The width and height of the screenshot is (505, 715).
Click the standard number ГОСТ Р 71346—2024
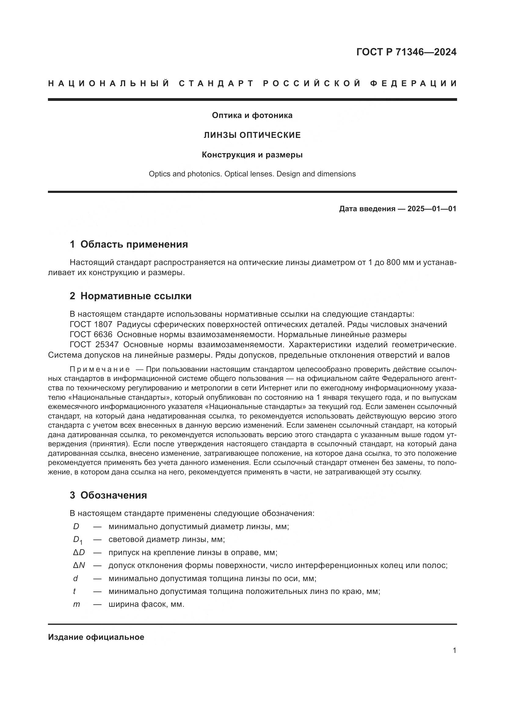[406, 52]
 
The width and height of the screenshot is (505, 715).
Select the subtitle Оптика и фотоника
[252, 116]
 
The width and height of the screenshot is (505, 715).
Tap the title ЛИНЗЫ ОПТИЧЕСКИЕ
[252, 135]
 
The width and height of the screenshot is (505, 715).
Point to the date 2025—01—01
[432, 209]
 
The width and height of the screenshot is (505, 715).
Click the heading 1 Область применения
[129, 245]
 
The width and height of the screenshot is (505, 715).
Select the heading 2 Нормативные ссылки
[131, 296]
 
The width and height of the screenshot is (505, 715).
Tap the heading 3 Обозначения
[108, 495]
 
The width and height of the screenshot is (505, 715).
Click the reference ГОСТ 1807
[91, 325]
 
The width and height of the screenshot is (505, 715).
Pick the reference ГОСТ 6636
[91, 335]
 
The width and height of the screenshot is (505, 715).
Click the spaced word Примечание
[100, 370]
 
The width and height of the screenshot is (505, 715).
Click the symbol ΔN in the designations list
[79, 565]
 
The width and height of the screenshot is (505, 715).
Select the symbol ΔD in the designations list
[79, 552]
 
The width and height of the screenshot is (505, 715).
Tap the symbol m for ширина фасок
[77, 604]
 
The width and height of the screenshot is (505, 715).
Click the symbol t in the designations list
[74, 591]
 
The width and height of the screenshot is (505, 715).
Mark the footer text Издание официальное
[96, 637]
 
